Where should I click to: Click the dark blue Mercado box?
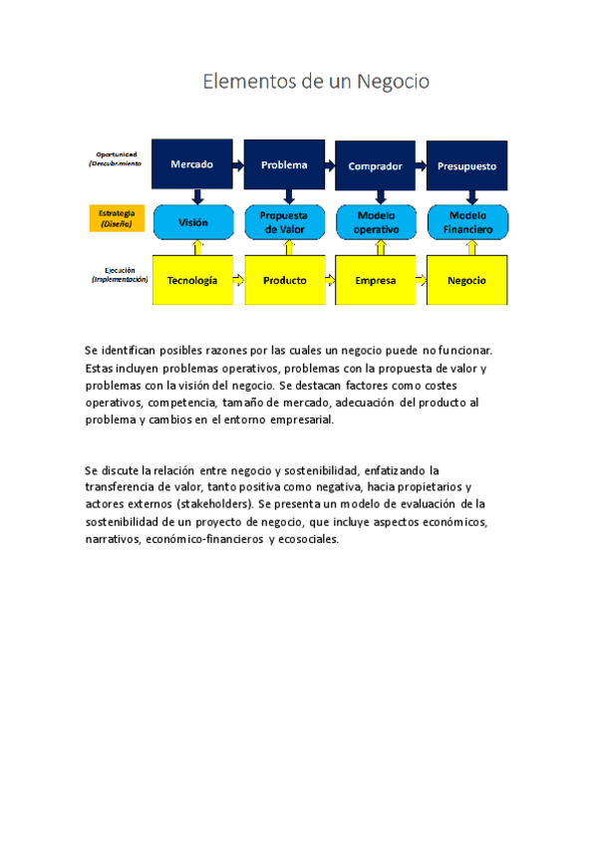click(191, 164)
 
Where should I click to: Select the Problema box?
click(284, 164)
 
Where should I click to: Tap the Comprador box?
click(375, 165)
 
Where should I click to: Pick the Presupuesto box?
click(466, 165)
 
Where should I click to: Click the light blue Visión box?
click(192, 222)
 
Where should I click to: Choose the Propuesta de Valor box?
click(284, 222)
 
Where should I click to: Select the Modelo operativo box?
click(375, 222)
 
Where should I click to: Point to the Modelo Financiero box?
click(466, 222)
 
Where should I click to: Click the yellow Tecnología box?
click(192, 280)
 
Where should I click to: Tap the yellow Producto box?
click(284, 280)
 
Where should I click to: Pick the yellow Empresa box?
click(375, 280)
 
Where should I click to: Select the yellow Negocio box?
click(466, 280)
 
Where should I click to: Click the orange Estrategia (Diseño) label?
click(118, 218)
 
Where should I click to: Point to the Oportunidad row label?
click(117, 158)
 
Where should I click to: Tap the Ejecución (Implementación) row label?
click(119, 274)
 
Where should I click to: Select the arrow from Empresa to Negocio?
click(421, 280)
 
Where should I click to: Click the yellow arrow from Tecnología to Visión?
click(197, 246)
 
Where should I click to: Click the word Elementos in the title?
click(248, 81)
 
